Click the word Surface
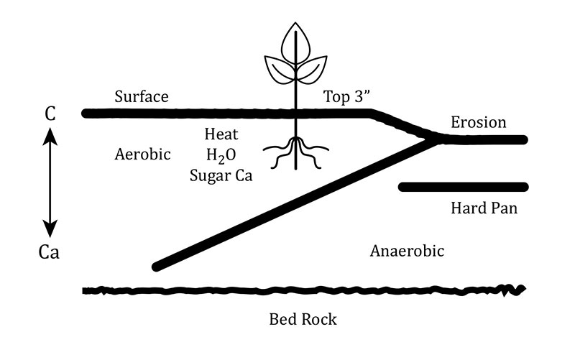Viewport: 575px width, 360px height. [x=142, y=96]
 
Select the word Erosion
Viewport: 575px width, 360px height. [x=478, y=123]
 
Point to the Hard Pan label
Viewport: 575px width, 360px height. [x=484, y=209]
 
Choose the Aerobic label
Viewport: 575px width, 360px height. [x=142, y=154]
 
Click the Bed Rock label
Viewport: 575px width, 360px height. [x=303, y=319]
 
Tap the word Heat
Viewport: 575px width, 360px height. [x=221, y=134]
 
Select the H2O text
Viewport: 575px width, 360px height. [x=221, y=154]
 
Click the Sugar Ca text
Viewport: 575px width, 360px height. [x=221, y=175]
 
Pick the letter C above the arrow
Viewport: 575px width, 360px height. [x=50, y=114]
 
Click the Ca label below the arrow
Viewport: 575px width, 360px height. [x=50, y=252]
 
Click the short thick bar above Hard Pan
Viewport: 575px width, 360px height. [x=464, y=188]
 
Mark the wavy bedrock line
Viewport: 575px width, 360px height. [x=302, y=290]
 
